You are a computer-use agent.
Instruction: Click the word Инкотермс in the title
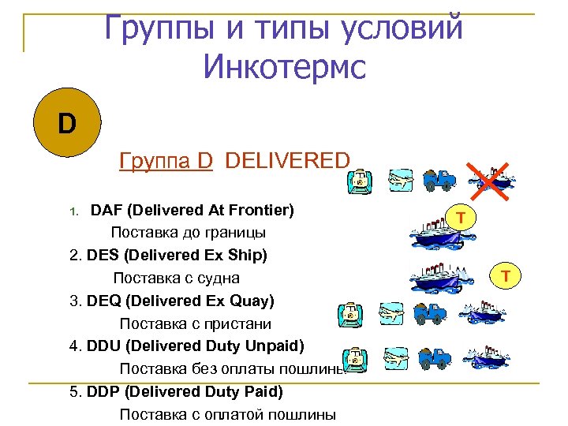(284, 66)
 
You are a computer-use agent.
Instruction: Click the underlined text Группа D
(166, 161)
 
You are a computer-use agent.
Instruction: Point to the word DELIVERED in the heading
(286, 161)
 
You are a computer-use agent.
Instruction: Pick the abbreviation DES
(103, 256)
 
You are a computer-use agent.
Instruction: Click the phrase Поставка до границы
(188, 234)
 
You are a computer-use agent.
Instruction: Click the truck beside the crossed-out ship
(439, 179)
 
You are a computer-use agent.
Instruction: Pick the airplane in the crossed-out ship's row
(401, 181)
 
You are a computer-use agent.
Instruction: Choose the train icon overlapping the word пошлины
(357, 358)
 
